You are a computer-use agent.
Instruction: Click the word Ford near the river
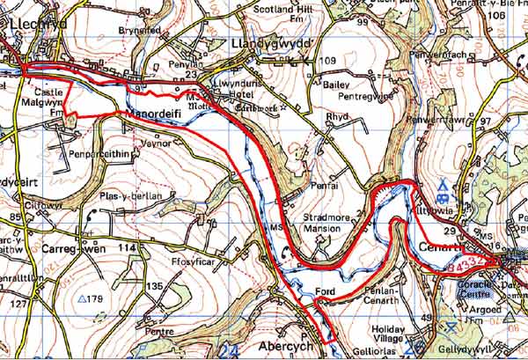(x=324, y=292)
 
